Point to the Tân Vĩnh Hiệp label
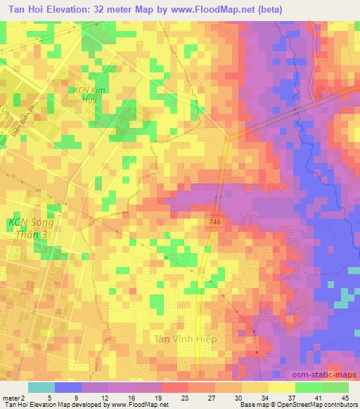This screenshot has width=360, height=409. click(x=186, y=339)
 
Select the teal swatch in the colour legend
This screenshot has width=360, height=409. click(x=41, y=387)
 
